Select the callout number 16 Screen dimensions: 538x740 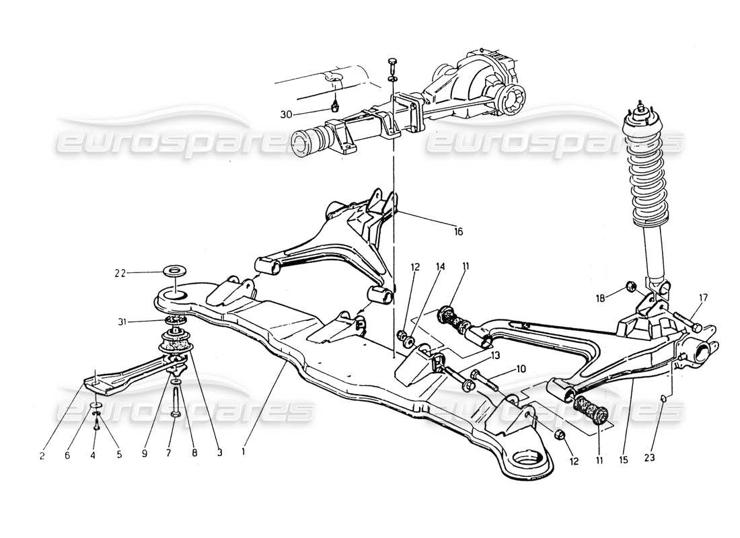coord(458,232)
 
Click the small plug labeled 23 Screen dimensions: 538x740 coord(663,399)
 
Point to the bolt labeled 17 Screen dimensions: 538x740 coord(686,321)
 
